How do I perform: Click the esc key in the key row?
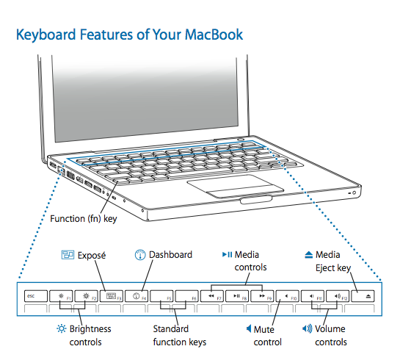coord(36,296)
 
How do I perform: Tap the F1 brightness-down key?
coord(61,296)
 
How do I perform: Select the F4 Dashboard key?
coord(137,296)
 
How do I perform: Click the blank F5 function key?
coord(161,296)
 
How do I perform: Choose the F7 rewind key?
coord(212,296)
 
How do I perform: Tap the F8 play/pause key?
coord(237,296)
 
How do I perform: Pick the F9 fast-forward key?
coord(262,296)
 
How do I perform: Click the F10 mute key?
coord(288,296)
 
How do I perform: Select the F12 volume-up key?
coord(338,296)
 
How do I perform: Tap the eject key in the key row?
coord(363,296)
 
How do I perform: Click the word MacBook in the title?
coord(214,35)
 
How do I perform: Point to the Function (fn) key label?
coord(84,219)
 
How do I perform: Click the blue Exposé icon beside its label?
coord(68,255)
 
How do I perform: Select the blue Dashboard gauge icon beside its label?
coord(140,255)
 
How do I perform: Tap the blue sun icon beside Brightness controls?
coord(62,328)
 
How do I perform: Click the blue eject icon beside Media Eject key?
coord(309,255)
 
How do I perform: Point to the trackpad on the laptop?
coord(236,186)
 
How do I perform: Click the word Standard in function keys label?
coord(171,328)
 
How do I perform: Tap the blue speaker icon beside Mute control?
coord(249,328)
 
